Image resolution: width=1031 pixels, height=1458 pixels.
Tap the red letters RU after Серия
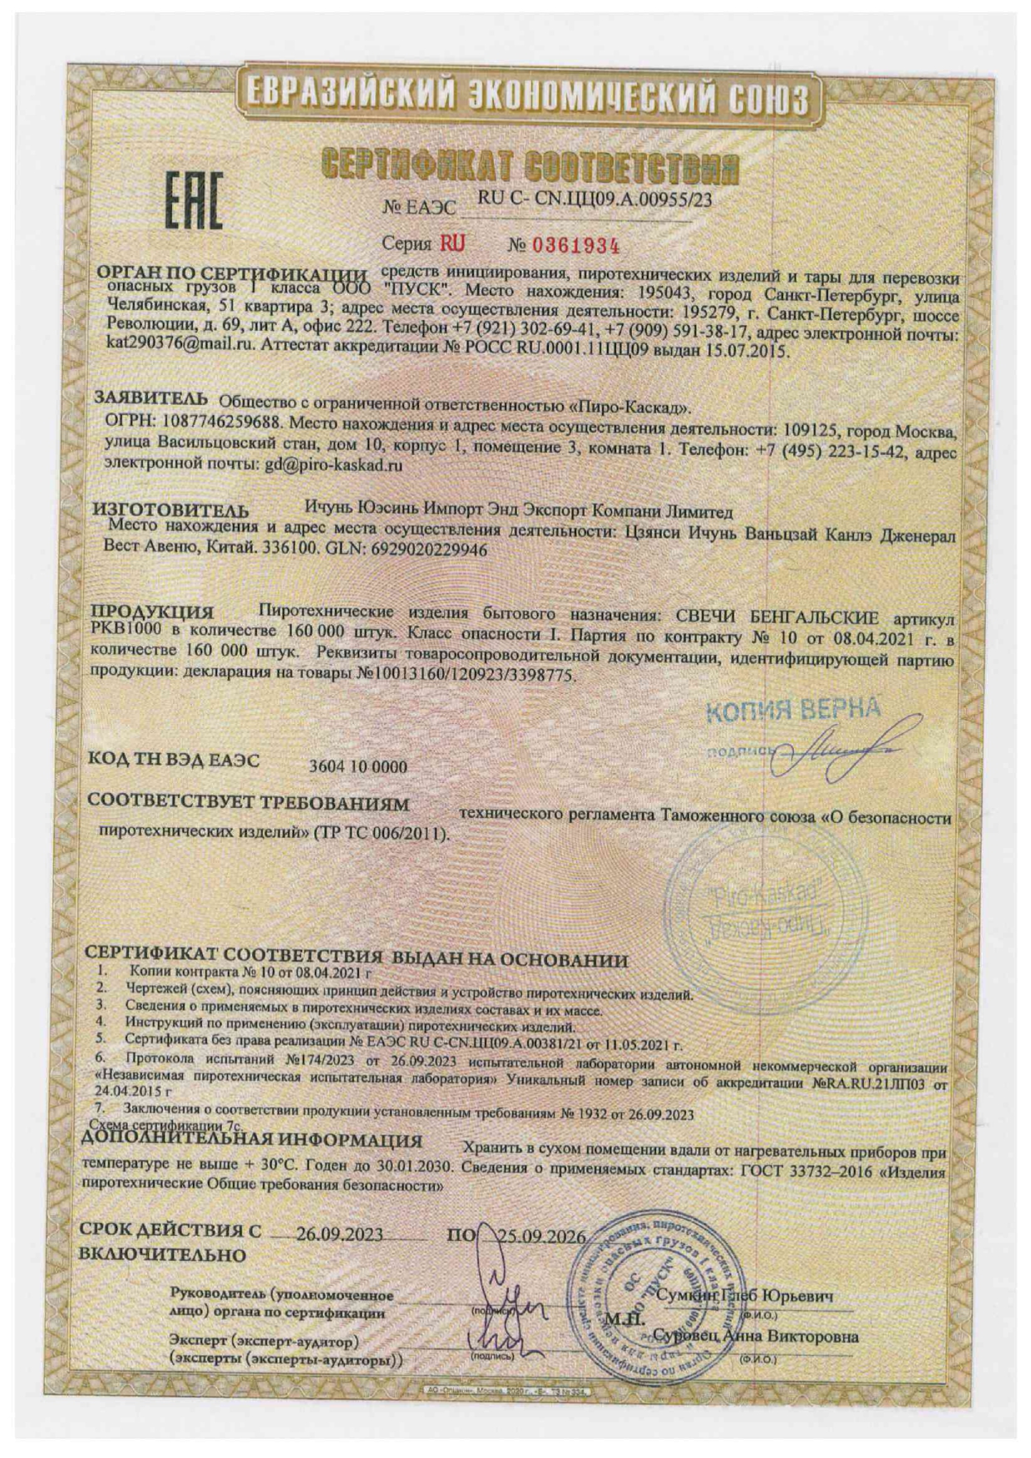pyautogui.click(x=453, y=244)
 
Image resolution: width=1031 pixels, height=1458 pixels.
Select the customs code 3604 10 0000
pyautogui.click(x=358, y=766)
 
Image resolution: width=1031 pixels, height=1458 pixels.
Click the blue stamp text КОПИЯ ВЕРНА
pyautogui.click(x=792, y=709)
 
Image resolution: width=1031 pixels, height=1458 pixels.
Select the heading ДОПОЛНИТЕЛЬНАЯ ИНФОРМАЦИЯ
pyautogui.click(x=253, y=1140)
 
